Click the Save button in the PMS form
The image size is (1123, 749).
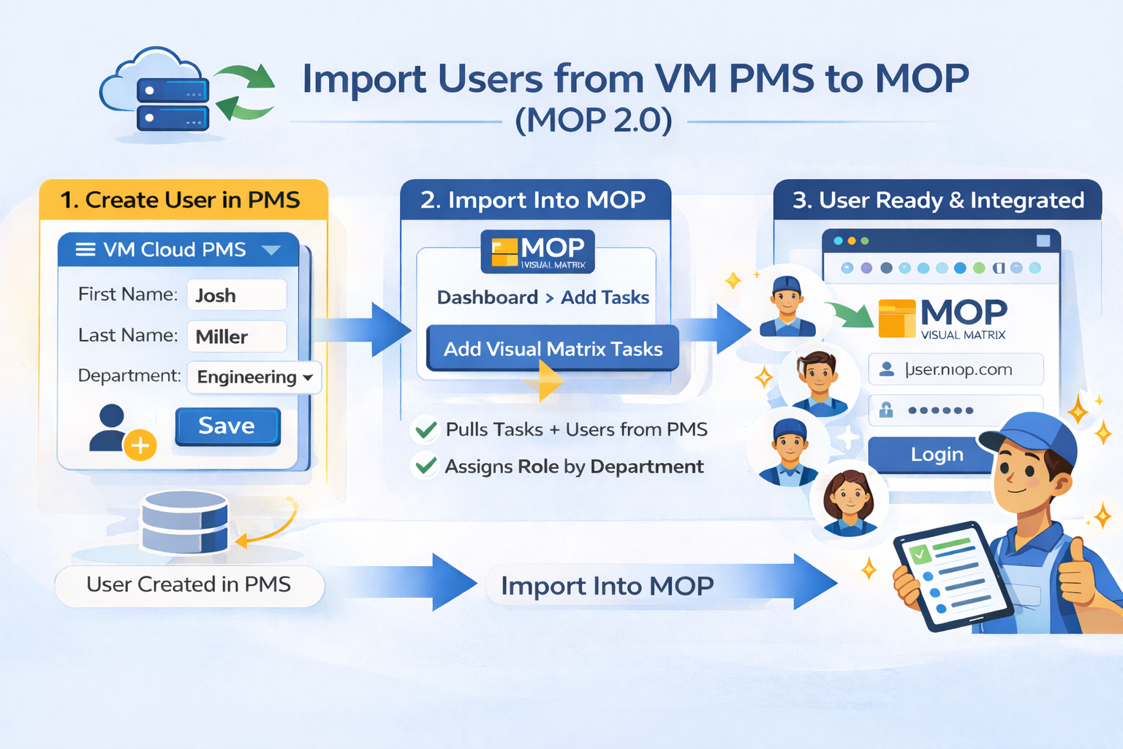227,426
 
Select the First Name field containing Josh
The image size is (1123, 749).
236,295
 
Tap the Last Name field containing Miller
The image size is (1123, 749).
236,336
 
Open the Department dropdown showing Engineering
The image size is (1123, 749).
254,377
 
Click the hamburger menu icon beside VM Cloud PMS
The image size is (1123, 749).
86,250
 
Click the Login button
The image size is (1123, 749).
936,454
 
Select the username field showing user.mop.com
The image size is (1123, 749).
955,369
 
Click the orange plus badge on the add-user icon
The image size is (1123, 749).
140,445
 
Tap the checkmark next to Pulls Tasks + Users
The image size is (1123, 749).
426,429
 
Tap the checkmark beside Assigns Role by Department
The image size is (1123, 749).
426,466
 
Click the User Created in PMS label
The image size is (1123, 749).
189,585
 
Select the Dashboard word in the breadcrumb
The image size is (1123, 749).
487,298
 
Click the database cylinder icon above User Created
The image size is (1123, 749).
184,522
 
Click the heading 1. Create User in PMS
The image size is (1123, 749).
180,200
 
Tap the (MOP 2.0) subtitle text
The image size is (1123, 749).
594,121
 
